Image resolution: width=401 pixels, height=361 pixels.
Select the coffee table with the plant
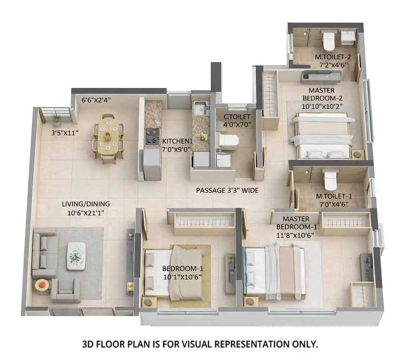[x=76, y=256]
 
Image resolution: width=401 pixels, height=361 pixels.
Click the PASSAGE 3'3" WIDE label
[x=227, y=190]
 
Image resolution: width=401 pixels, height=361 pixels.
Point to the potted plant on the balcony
[x=57, y=120]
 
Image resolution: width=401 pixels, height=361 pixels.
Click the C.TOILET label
[x=237, y=117]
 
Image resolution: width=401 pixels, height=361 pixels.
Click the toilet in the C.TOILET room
[x=228, y=140]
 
